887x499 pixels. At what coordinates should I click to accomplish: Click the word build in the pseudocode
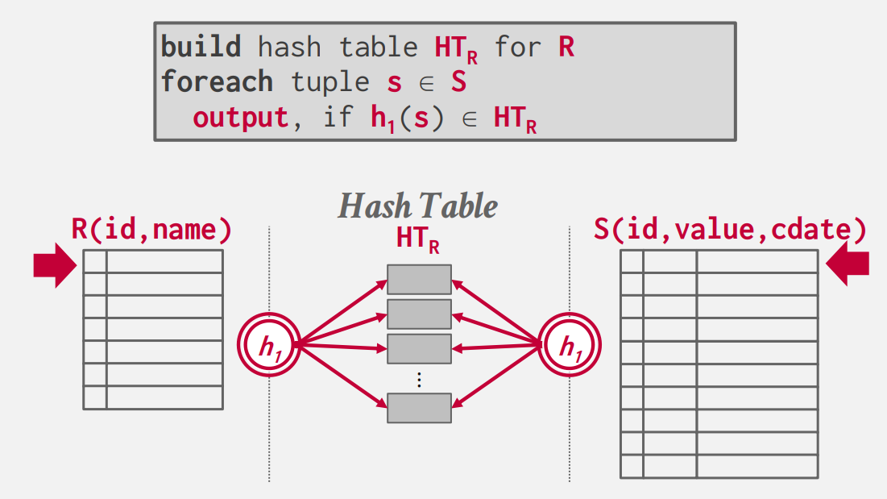pyautogui.click(x=201, y=47)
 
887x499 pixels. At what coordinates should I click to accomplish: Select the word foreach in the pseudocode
pyautogui.click(x=217, y=82)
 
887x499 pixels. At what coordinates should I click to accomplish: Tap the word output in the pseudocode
pyautogui.click(x=241, y=118)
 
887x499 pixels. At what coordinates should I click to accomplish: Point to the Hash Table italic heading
pyautogui.click(x=417, y=206)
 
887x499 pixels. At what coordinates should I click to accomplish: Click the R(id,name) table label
pyautogui.click(x=152, y=231)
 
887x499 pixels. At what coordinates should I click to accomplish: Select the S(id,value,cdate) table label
pyautogui.click(x=730, y=231)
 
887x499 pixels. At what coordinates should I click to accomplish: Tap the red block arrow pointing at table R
pyautogui.click(x=54, y=266)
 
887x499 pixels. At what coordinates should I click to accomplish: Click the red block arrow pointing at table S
pyautogui.click(x=848, y=266)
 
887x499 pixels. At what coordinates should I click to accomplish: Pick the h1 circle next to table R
pyautogui.click(x=268, y=346)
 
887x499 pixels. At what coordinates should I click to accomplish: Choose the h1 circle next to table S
pyautogui.click(x=570, y=346)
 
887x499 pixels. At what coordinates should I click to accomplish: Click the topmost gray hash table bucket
pyautogui.click(x=419, y=280)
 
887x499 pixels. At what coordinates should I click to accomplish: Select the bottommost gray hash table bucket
pyautogui.click(x=419, y=408)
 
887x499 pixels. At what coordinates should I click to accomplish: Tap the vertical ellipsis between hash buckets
pyautogui.click(x=419, y=378)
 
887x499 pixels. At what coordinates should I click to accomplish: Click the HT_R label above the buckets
pyautogui.click(x=417, y=239)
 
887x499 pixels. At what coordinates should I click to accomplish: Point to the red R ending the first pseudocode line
pyautogui.click(x=566, y=47)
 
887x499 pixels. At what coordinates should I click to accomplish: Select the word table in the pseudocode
pyautogui.click(x=379, y=47)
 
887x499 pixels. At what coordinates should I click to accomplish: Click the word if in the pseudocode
pyautogui.click(x=338, y=118)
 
